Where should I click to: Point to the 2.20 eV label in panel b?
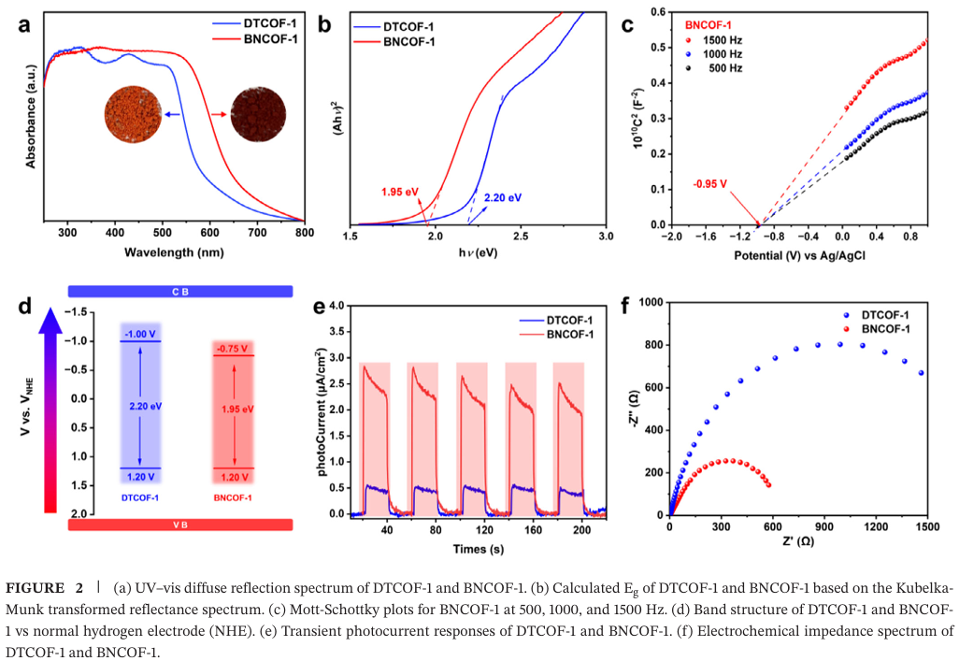(x=502, y=198)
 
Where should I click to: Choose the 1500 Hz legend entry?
(x=720, y=41)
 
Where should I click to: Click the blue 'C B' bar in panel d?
(x=180, y=292)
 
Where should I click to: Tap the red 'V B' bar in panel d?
(x=180, y=525)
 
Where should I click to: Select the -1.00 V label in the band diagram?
(x=139, y=334)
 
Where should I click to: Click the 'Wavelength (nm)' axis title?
(x=173, y=253)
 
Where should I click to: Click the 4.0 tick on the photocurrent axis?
(x=336, y=307)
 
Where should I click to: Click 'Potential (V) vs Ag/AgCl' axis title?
(x=798, y=254)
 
